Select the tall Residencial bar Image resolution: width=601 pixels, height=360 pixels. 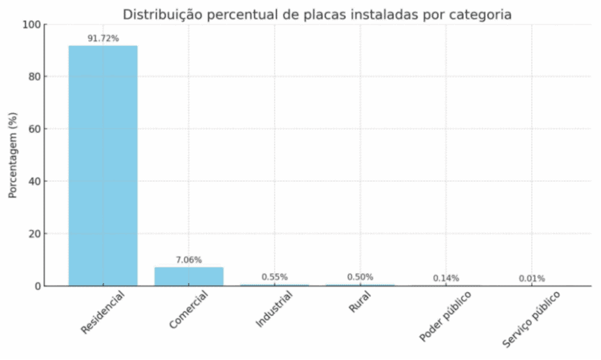pyautogui.click(x=103, y=165)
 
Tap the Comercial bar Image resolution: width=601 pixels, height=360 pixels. pyautogui.click(x=189, y=276)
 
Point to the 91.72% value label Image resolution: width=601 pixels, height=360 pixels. pyautogui.click(x=103, y=38)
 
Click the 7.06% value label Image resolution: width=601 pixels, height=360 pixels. pyautogui.click(x=189, y=260)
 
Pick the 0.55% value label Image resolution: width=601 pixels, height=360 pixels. pyautogui.click(x=275, y=277)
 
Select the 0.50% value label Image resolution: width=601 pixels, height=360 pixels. pyautogui.click(x=360, y=277)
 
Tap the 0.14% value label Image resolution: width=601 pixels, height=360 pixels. pyautogui.click(x=446, y=278)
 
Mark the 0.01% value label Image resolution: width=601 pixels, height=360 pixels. pyautogui.click(x=532, y=278)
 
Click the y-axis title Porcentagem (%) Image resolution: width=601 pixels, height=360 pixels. pyautogui.click(x=13, y=155)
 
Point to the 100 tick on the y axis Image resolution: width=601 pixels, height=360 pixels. pyautogui.click(x=31, y=24)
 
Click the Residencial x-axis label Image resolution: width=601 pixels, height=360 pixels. pyautogui.click(x=103, y=312)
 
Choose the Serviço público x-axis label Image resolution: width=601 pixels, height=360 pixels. pyautogui.click(x=530, y=319)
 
